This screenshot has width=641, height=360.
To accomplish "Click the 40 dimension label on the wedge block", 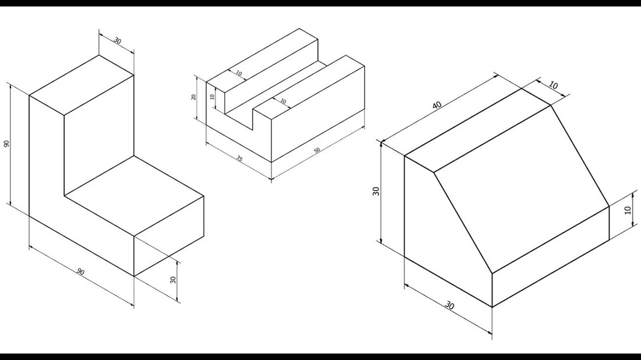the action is point(437,105).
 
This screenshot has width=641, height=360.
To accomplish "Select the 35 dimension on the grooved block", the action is point(239,158).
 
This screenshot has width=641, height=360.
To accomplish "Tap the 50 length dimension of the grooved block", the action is point(317,150).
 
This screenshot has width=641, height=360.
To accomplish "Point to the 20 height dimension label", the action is point(194,97).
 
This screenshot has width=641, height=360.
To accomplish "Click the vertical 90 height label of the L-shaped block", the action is point(6,143).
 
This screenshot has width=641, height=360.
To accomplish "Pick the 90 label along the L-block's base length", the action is point(80,272).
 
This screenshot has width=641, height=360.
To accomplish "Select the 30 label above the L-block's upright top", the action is point(117,41).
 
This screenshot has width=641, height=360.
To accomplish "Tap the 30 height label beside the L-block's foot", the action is point(173,280).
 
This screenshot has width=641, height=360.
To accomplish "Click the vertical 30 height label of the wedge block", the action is point(376,191).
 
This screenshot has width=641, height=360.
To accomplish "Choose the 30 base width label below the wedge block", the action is point(449,305).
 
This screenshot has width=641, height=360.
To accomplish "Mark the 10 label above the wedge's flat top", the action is point(553,86).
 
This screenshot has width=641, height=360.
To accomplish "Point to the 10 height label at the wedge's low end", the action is point(628,210).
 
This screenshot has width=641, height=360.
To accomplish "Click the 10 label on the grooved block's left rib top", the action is point(239,73).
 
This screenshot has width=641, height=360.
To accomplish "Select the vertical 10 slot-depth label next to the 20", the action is point(212,97).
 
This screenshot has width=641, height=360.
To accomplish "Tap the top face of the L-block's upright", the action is point(82,85).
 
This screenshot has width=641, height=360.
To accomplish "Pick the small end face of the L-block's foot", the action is point(169,236).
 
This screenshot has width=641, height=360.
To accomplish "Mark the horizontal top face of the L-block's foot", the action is point(134,196).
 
